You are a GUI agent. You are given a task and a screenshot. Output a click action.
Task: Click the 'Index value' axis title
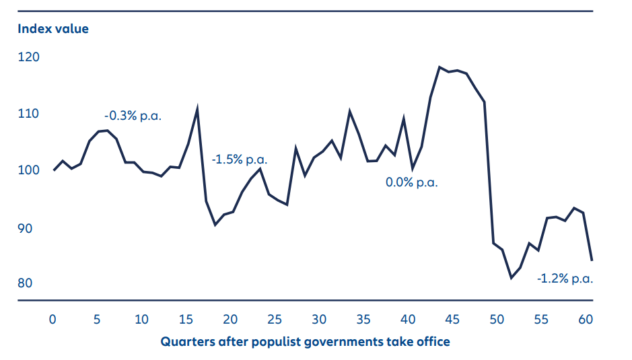pyautogui.click(x=52, y=29)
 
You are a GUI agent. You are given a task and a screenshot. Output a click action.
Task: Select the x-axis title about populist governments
pyautogui.click(x=305, y=342)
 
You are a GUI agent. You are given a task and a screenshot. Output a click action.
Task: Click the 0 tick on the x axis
pyautogui.click(x=53, y=318)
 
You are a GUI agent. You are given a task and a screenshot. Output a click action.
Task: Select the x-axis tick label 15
pyautogui.click(x=186, y=318)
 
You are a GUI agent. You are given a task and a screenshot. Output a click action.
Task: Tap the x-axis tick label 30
pyautogui.click(x=319, y=318)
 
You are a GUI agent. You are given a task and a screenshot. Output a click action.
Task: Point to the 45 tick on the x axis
pyautogui.click(x=452, y=318)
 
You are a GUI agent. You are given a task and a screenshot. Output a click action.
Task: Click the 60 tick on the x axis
pyautogui.click(x=586, y=318)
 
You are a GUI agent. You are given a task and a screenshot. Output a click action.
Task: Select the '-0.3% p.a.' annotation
pyautogui.click(x=133, y=115)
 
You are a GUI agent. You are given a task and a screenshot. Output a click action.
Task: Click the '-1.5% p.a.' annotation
pyautogui.click(x=240, y=160)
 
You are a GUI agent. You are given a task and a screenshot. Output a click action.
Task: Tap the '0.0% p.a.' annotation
pyautogui.click(x=411, y=182)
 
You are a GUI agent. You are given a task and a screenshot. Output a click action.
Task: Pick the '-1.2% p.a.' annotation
pyautogui.click(x=565, y=279)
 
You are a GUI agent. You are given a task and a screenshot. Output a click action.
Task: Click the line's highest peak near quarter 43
pyautogui.click(x=440, y=67)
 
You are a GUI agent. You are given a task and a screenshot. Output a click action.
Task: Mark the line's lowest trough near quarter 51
pyautogui.click(x=511, y=277)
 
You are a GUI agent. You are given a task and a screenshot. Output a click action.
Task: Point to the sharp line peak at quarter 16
pyautogui.click(x=197, y=108)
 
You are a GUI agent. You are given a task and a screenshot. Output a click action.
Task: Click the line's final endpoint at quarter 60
pyautogui.click(x=592, y=260)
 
